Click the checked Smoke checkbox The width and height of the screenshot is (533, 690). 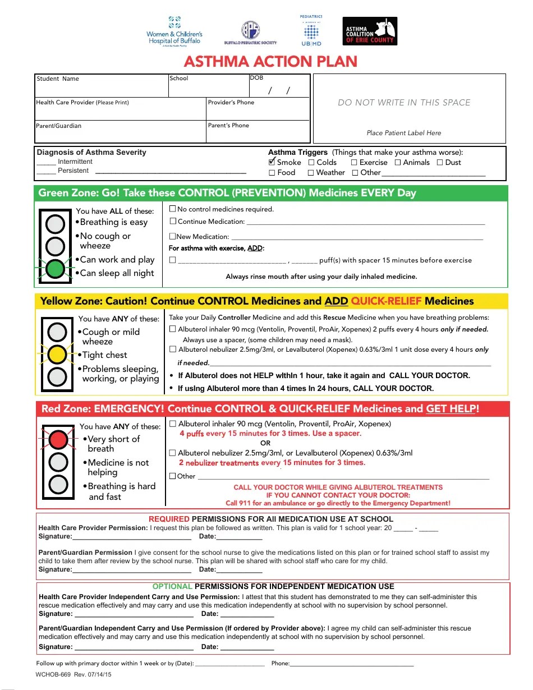272,162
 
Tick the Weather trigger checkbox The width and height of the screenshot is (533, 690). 311,173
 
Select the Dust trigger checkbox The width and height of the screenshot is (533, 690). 440,163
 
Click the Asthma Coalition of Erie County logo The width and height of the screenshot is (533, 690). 370,31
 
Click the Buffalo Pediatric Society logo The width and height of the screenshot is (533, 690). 250,33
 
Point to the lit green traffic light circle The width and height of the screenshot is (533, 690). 55,269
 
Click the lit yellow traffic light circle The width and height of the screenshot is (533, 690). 57,354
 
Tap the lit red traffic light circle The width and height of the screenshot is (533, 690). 58,439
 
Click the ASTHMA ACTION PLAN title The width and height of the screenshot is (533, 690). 270,61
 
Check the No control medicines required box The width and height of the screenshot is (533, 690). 173,209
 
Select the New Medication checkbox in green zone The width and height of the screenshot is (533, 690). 173,237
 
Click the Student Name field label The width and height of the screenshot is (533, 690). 58,79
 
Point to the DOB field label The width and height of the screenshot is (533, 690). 256,78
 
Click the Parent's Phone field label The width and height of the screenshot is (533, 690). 228,125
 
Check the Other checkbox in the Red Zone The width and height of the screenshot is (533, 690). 173,476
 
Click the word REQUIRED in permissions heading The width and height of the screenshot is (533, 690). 169,519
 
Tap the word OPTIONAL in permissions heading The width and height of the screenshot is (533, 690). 172,586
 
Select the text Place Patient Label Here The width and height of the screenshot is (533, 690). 404,133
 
